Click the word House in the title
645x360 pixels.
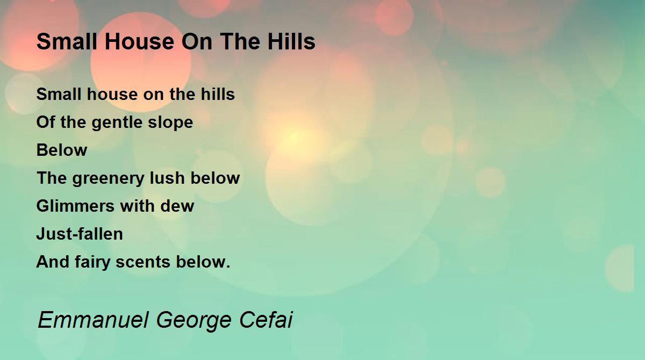click(139, 41)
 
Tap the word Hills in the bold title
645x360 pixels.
click(291, 41)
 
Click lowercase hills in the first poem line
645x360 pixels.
click(218, 94)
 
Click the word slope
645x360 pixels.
click(170, 123)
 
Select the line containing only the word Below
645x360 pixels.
click(62, 150)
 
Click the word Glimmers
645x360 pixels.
click(75, 206)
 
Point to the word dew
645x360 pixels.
click(177, 206)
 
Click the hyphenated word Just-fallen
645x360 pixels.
click(80, 234)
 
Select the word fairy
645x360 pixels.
click(92, 262)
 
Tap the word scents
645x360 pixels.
click(143, 262)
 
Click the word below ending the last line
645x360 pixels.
click(203, 262)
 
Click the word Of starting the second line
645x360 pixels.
click(46, 122)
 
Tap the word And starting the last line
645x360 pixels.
click(53, 262)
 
